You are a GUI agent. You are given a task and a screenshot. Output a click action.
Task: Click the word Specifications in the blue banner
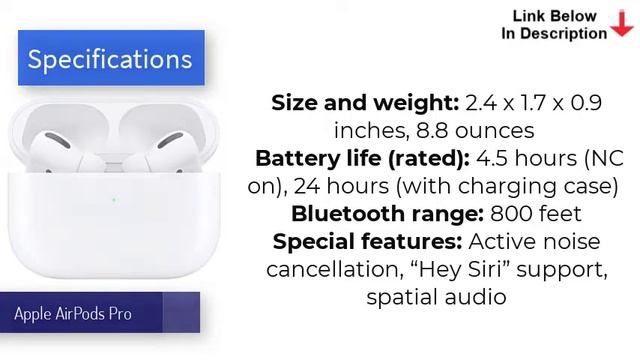pos(110,59)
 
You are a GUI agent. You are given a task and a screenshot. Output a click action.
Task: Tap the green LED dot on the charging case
pos(114,199)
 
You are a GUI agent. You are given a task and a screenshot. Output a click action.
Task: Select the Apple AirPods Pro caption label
pos(72,314)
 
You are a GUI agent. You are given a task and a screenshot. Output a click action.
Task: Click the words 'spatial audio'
pos(438,297)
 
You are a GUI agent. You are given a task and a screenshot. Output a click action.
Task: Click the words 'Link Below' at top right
pos(554,16)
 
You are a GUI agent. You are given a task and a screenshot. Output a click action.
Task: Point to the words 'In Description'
pos(554,33)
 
